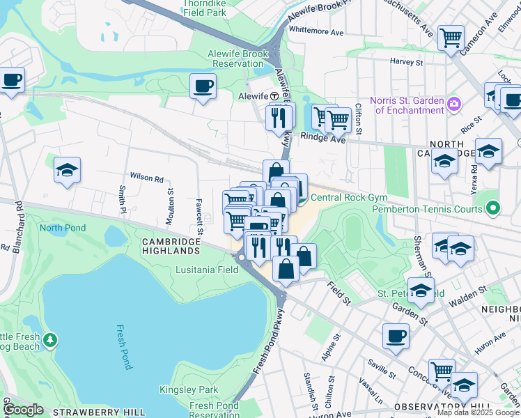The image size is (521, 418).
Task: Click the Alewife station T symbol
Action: point(274,96)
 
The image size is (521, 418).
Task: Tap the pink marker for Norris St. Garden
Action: point(454,104)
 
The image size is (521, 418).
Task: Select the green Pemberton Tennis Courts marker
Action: point(493,208)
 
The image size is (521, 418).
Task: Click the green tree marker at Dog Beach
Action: point(49,340)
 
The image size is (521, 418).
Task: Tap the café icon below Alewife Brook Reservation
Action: point(203,86)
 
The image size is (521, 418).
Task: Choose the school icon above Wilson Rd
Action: point(67,169)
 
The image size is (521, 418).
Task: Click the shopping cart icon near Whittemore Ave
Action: point(451,38)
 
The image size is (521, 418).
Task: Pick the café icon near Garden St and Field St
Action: point(396,336)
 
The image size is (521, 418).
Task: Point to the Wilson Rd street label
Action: point(145,178)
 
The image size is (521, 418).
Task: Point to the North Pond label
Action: point(62,228)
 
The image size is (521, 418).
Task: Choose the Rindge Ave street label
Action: point(323,138)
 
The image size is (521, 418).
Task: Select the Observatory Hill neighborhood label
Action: point(437,406)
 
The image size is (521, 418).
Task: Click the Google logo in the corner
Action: point(23,410)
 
